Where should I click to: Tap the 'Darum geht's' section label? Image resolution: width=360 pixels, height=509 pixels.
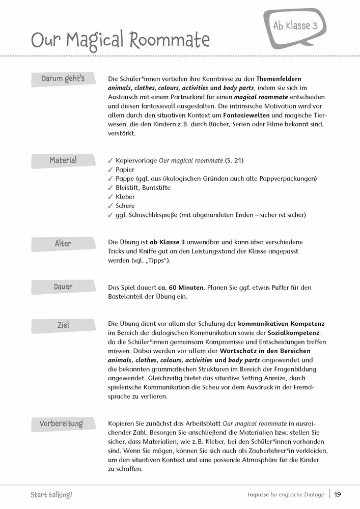coord(63,79)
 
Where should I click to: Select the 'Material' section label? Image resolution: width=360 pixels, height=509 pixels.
coord(63,161)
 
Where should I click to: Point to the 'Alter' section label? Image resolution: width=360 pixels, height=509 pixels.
coord(63,244)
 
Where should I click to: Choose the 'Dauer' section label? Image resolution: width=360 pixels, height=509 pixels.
coord(63,287)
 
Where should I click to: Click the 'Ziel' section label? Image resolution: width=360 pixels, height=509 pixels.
coord(63,325)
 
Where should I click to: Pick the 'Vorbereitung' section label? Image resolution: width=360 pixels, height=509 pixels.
coord(61,424)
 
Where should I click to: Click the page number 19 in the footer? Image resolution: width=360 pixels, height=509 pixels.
coord(338,494)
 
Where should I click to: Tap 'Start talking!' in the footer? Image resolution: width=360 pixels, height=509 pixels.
coord(51,494)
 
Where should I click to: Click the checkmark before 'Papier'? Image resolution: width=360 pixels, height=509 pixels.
coord(110,169)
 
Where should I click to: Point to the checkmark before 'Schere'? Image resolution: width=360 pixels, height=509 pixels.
coord(110,206)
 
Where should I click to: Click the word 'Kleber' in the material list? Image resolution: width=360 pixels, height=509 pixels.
coord(125,196)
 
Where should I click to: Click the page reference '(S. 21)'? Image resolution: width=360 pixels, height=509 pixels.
coord(234,160)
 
